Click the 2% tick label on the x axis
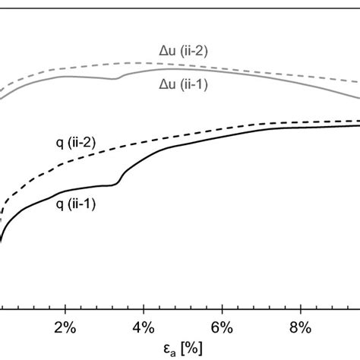tap(66, 330)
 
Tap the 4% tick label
tap(144, 330)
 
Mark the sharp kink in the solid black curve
tap(118, 182)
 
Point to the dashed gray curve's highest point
tap(137, 62)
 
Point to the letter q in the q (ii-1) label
tap(58, 204)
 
